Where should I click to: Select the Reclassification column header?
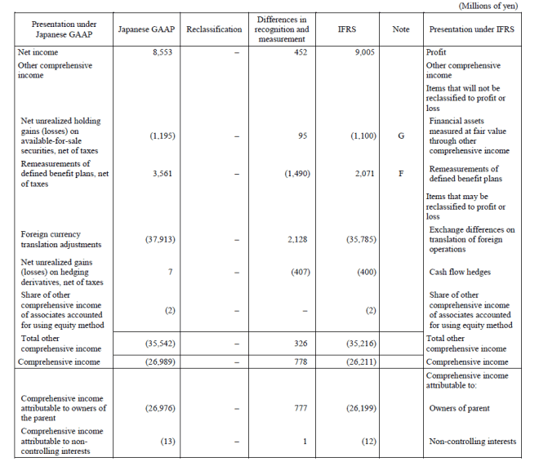(x=214, y=29)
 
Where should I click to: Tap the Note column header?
(x=400, y=29)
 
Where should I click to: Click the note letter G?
(x=400, y=135)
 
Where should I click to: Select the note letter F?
(x=400, y=174)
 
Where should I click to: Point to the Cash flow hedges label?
(x=460, y=272)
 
